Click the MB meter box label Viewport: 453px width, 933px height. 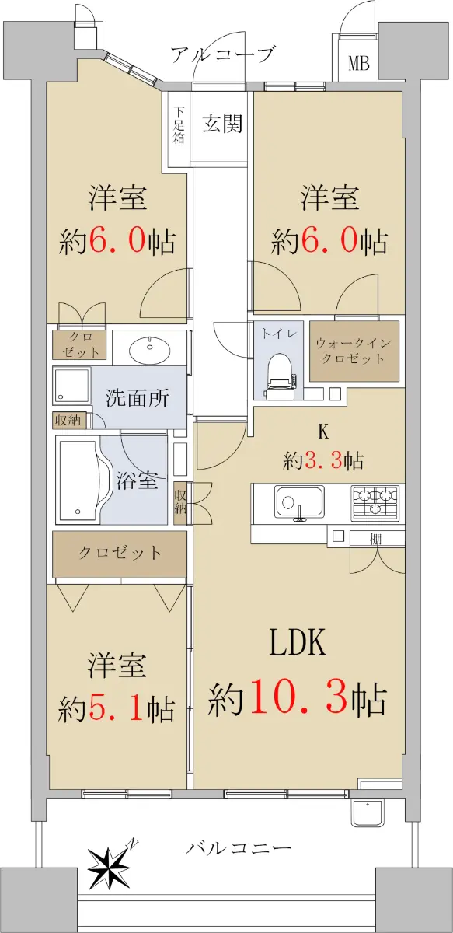pos(358,65)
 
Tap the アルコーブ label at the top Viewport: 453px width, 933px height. pos(224,54)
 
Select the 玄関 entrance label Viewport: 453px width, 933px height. pos(222,124)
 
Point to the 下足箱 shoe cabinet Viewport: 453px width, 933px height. pos(179,125)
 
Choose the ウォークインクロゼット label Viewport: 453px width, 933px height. pos(354,351)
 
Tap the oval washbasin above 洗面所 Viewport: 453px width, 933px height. pos(149,349)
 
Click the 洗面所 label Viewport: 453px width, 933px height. pos(137,398)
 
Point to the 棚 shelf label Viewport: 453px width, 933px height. pos(376,540)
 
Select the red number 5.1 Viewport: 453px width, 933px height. pos(115,708)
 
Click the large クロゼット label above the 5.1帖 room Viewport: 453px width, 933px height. pos(120,553)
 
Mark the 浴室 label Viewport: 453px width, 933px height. pos(137,480)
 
